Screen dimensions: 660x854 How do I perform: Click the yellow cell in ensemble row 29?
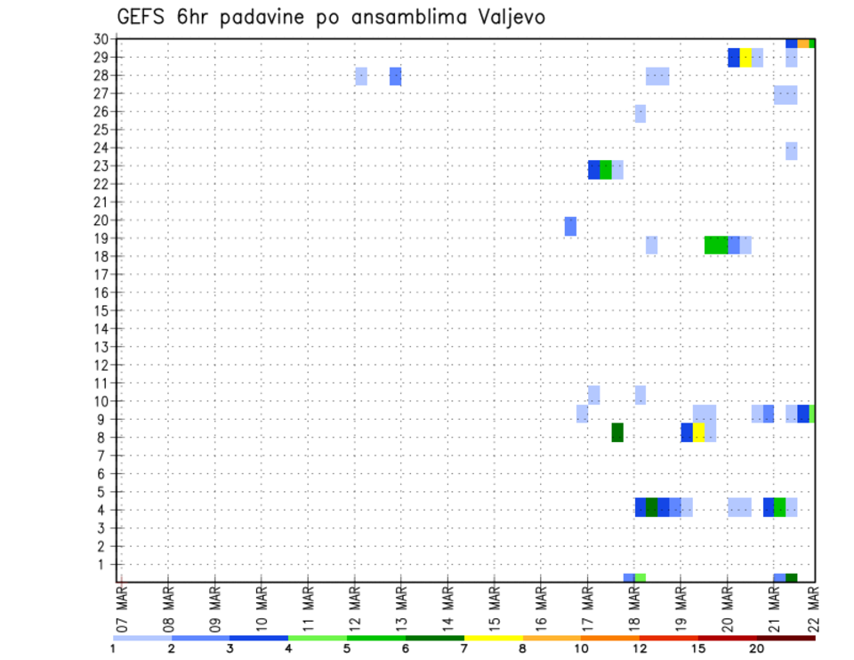point(745,58)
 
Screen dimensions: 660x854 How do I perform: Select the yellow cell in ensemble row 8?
point(698,432)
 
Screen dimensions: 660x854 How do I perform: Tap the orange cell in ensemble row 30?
point(803,43)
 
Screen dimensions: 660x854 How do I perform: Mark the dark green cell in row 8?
point(617,432)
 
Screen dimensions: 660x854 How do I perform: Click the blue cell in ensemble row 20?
point(570,227)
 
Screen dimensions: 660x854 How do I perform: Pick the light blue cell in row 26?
point(640,113)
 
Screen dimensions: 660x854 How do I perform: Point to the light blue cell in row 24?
point(792,151)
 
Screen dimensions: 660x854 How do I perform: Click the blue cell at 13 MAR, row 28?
point(395,76)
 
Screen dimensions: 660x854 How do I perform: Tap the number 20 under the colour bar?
point(756,648)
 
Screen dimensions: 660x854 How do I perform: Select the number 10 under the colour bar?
point(582,648)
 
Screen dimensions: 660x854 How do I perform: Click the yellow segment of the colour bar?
point(494,638)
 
